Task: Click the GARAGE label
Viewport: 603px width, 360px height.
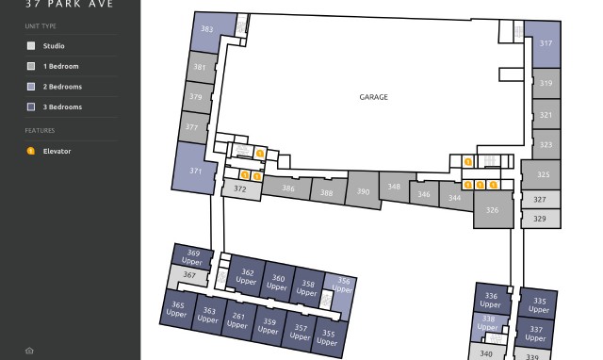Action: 373,96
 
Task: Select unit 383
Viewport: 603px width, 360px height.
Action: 207,30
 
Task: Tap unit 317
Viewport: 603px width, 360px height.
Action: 546,43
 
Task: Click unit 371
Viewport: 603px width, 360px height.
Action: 196,171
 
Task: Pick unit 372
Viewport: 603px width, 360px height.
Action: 239,188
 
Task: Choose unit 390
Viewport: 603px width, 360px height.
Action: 363,191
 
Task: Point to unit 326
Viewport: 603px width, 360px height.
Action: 492,210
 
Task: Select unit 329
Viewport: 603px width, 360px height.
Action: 539,219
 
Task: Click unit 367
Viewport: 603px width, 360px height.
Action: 189,275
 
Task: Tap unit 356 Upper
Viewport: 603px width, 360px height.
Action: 343,285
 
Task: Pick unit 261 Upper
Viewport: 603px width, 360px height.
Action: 238,320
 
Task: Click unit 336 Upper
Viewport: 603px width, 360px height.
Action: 490,300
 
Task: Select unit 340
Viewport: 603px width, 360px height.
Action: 486,353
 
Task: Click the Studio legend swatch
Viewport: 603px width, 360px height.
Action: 31,45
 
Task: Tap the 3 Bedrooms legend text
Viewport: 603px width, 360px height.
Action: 62,107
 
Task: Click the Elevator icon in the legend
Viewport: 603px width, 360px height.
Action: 31,151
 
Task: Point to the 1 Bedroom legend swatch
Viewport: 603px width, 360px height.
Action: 31,66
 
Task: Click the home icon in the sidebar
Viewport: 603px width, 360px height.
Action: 30,351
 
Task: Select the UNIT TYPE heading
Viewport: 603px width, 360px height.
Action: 41,26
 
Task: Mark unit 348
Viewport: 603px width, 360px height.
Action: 394,187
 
